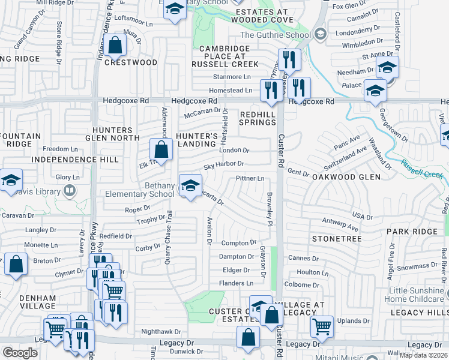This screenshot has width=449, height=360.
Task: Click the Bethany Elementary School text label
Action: (x=140, y=190)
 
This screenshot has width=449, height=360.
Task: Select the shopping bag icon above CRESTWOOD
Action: (x=114, y=44)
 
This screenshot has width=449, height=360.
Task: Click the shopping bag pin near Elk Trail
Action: (x=160, y=149)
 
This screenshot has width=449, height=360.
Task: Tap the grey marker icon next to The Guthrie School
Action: (x=320, y=34)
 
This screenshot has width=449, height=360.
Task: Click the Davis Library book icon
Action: (x=70, y=191)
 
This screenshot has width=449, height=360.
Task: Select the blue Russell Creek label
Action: (x=421, y=168)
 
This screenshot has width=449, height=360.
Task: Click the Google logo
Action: (x=19, y=353)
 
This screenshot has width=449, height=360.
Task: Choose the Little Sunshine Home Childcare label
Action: (x=416, y=295)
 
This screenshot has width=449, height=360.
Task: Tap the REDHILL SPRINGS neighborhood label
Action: (x=258, y=118)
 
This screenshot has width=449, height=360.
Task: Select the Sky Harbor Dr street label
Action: (x=223, y=164)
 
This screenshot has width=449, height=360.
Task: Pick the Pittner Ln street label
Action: (x=250, y=179)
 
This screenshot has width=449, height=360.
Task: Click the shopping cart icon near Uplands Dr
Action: (x=322, y=326)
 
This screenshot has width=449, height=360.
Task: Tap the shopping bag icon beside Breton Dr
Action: (x=16, y=263)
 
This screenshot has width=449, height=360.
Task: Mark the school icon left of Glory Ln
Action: (x=10, y=181)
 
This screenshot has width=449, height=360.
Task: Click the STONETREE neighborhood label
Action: (x=336, y=239)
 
